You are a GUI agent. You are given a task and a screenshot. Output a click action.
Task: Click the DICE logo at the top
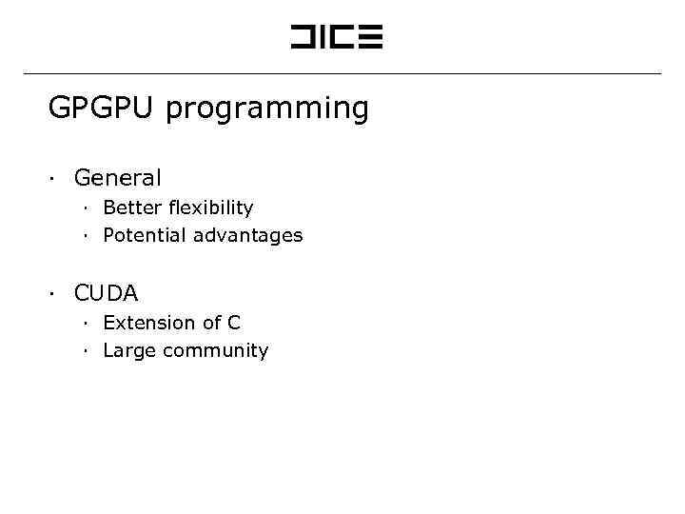pyautogui.click(x=336, y=37)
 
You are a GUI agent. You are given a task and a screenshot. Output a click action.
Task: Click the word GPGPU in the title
pyautogui.click(x=103, y=109)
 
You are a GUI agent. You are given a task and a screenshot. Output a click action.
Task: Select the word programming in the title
pyautogui.click(x=266, y=110)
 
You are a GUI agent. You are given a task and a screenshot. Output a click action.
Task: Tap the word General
pyautogui.click(x=117, y=178)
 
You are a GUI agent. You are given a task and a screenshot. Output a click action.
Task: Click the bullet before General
pyautogui.click(x=55, y=178)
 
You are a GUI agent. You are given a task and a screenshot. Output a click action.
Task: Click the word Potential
pyautogui.click(x=145, y=235)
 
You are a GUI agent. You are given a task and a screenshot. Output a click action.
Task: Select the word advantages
pyautogui.click(x=247, y=236)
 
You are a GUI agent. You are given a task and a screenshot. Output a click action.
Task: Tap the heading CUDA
pyautogui.click(x=106, y=293)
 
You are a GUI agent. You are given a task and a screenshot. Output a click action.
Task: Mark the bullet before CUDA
pyautogui.click(x=55, y=293)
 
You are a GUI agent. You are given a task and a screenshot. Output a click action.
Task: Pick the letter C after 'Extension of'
pyautogui.click(x=234, y=323)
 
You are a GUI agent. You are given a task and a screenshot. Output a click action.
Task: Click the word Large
pyautogui.click(x=129, y=351)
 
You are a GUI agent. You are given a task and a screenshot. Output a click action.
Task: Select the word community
pyautogui.click(x=215, y=351)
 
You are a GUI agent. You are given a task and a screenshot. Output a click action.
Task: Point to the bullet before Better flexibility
pyautogui.click(x=85, y=208)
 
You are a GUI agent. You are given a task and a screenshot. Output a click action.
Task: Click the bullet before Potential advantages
pyautogui.click(x=85, y=235)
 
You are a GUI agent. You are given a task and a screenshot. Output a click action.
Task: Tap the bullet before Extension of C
pyautogui.click(x=85, y=323)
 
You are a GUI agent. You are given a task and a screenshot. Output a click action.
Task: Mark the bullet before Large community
pyautogui.click(x=85, y=351)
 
